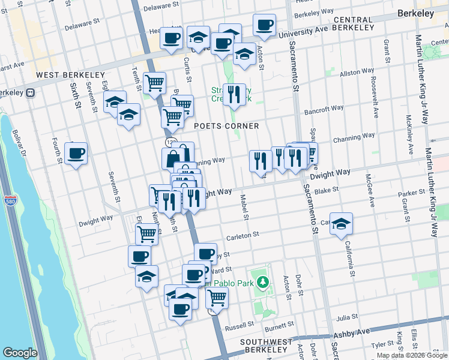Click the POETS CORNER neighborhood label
point(226,126)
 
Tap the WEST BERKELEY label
point(71,75)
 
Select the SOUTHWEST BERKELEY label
point(266,346)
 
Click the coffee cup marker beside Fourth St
point(76,154)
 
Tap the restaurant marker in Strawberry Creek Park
point(234,94)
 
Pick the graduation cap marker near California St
point(342,224)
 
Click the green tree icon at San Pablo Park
point(261,281)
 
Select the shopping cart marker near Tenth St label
point(155,83)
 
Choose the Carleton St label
point(242,236)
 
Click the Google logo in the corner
point(20,353)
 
